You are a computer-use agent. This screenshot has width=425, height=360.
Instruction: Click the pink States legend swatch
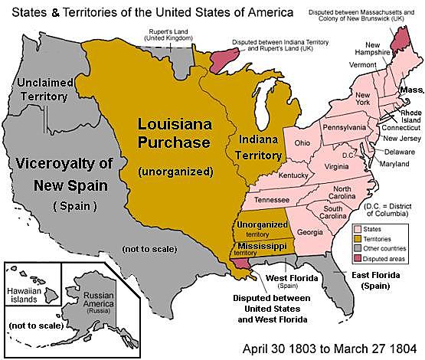(358, 228)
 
